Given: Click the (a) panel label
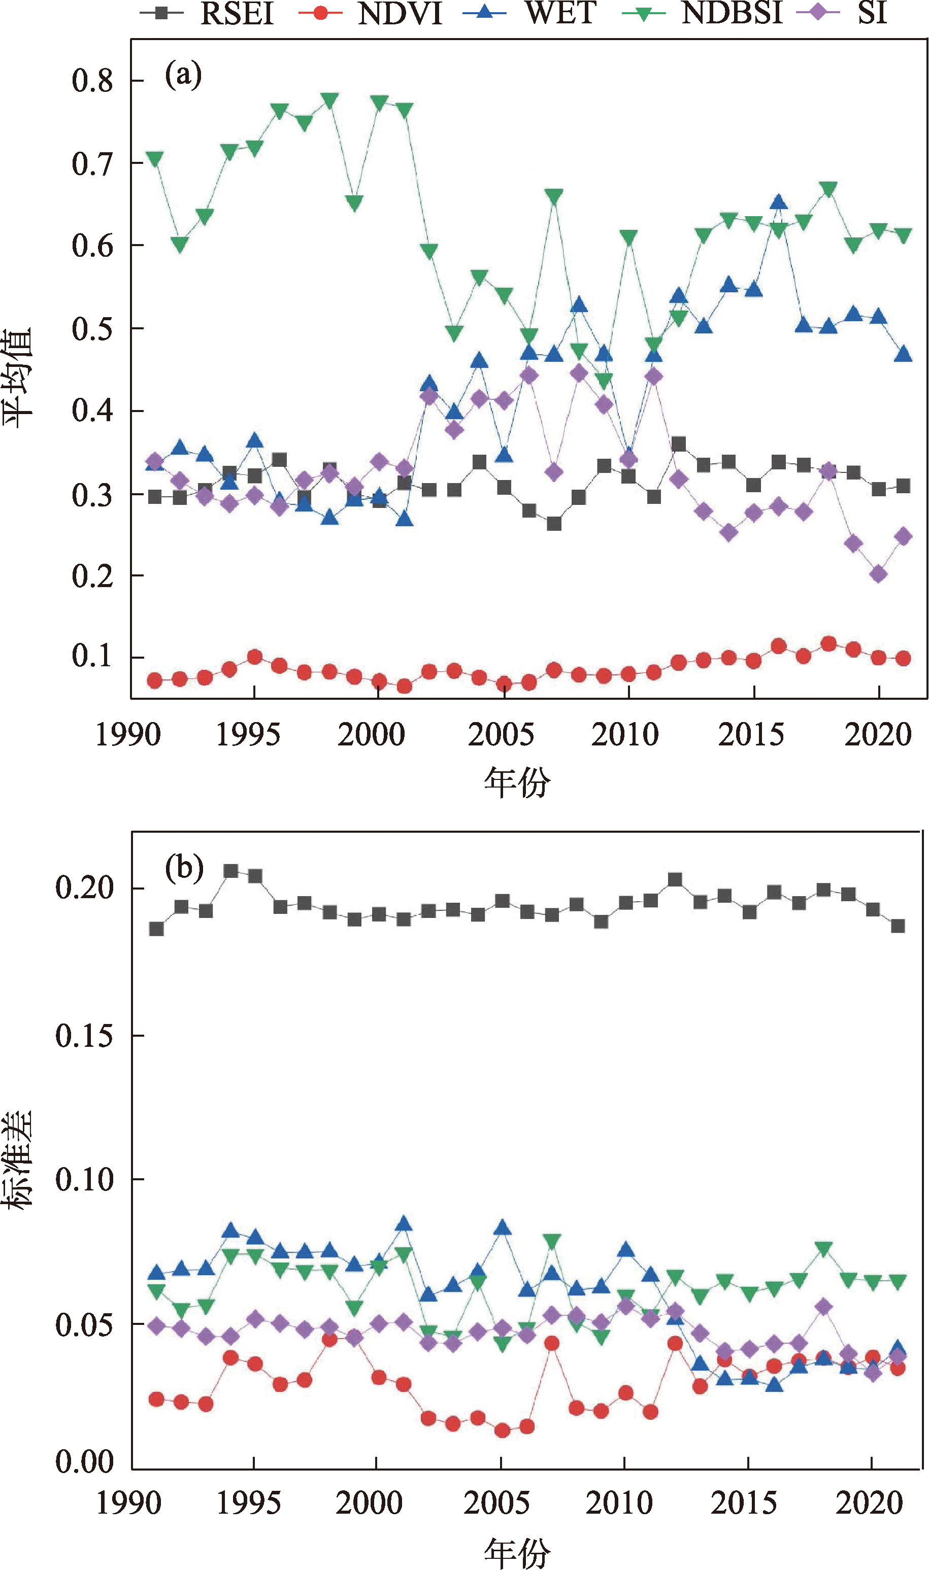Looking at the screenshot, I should click(183, 75).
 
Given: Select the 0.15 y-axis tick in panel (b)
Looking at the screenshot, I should click(84, 1036).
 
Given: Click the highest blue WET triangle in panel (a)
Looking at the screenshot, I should click(778, 202).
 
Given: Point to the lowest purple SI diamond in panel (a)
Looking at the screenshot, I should click(878, 574).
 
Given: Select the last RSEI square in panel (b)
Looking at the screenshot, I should click(898, 926).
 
